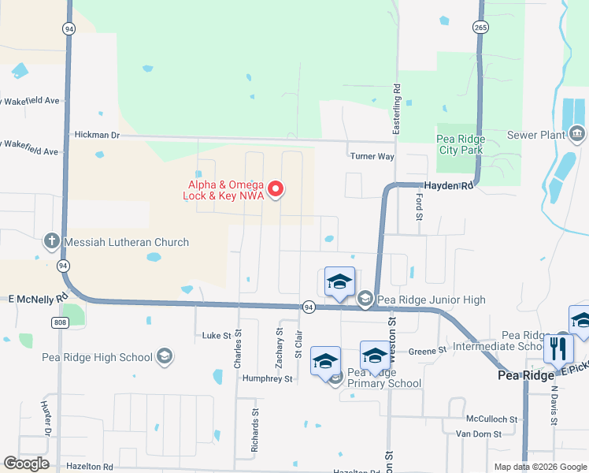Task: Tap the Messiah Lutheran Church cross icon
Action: [x=52, y=242]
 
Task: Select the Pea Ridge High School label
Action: [x=98, y=357]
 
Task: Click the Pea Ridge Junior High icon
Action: [x=365, y=299]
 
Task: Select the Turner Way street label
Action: [x=372, y=156]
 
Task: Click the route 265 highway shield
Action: [x=480, y=28]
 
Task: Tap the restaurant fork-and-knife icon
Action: [x=559, y=347]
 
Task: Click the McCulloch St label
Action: [x=491, y=419]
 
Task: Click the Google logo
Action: [x=27, y=464]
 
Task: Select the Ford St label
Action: [x=419, y=207]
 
